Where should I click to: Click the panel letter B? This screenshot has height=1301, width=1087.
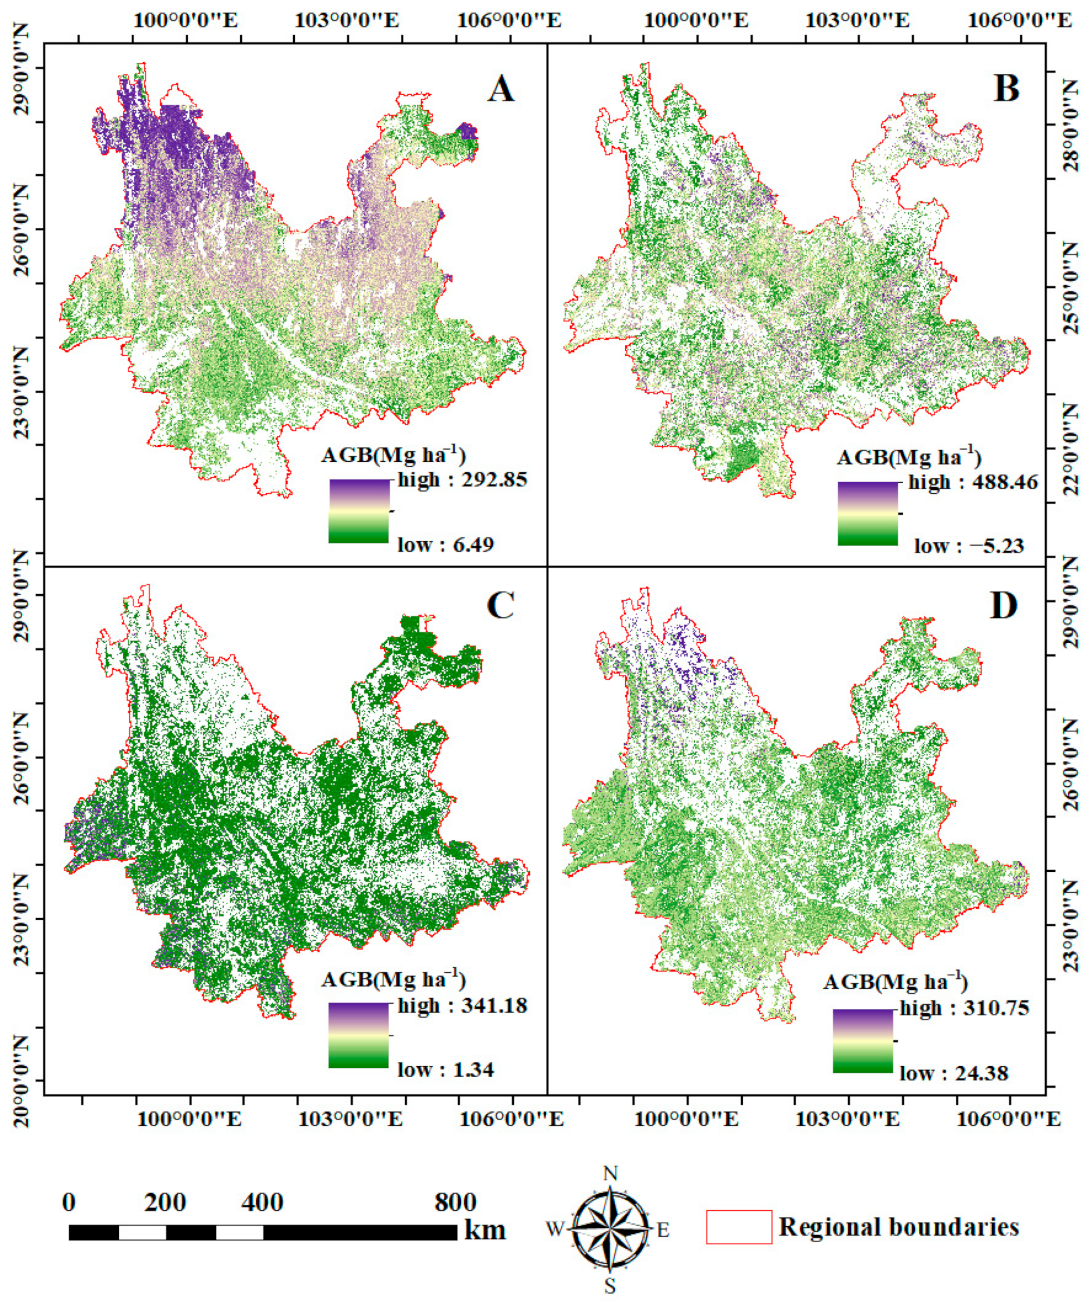tap(1006, 89)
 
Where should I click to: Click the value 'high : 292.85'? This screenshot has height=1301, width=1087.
tap(462, 479)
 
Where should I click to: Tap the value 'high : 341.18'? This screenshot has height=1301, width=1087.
tap(462, 1005)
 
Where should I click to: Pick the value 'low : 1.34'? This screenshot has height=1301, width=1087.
tap(445, 1070)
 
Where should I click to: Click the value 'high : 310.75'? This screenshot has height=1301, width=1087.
tap(964, 1008)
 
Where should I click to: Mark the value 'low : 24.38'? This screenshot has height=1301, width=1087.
tap(954, 1073)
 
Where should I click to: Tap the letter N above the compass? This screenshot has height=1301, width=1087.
tap(611, 1173)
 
